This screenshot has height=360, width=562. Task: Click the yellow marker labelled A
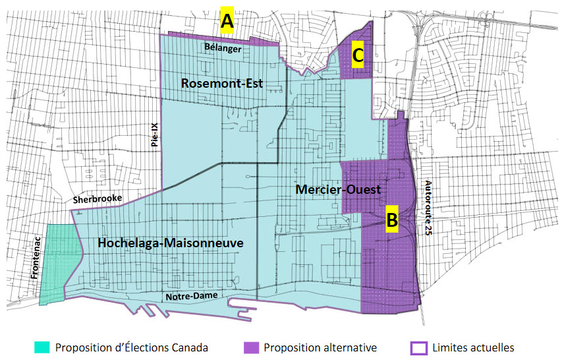227,22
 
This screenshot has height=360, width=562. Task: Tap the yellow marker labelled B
391,220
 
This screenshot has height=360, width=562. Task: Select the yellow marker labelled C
357,55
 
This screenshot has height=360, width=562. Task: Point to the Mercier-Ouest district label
339,189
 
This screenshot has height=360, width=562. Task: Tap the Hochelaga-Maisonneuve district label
171,243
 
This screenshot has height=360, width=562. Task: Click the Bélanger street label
223,48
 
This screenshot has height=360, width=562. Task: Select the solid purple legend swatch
250,347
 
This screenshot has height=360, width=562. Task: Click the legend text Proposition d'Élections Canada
132,347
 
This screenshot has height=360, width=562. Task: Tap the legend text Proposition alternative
320,347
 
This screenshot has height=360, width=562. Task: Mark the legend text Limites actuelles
472,347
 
